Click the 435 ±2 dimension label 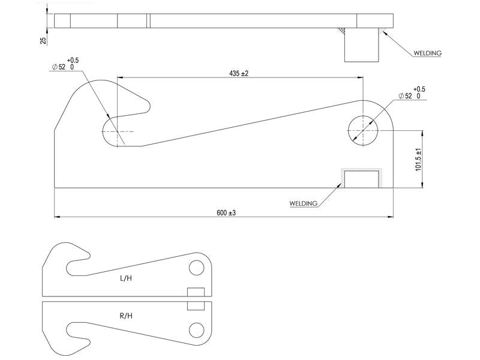[239, 73]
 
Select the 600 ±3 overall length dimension [226, 212]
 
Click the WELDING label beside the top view [427, 53]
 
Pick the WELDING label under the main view [303, 204]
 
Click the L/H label [126, 278]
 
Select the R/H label [126, 316]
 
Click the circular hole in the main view [363, 130]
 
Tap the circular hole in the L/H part [196, 268]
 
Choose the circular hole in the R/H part [196, 329]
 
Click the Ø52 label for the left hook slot [62, 67]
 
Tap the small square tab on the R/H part [196, 305]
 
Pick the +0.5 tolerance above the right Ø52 [419, 89]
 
